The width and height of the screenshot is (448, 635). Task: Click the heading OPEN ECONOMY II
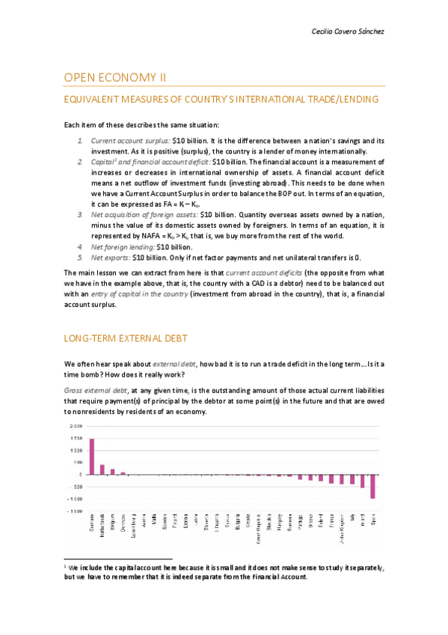114,77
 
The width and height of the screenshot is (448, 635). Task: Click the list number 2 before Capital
81,162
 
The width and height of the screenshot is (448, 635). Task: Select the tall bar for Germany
92,456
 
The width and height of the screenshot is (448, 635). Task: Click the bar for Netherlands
102,470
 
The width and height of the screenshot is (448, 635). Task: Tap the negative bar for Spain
372,487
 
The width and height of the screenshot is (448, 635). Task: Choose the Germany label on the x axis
92,524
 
